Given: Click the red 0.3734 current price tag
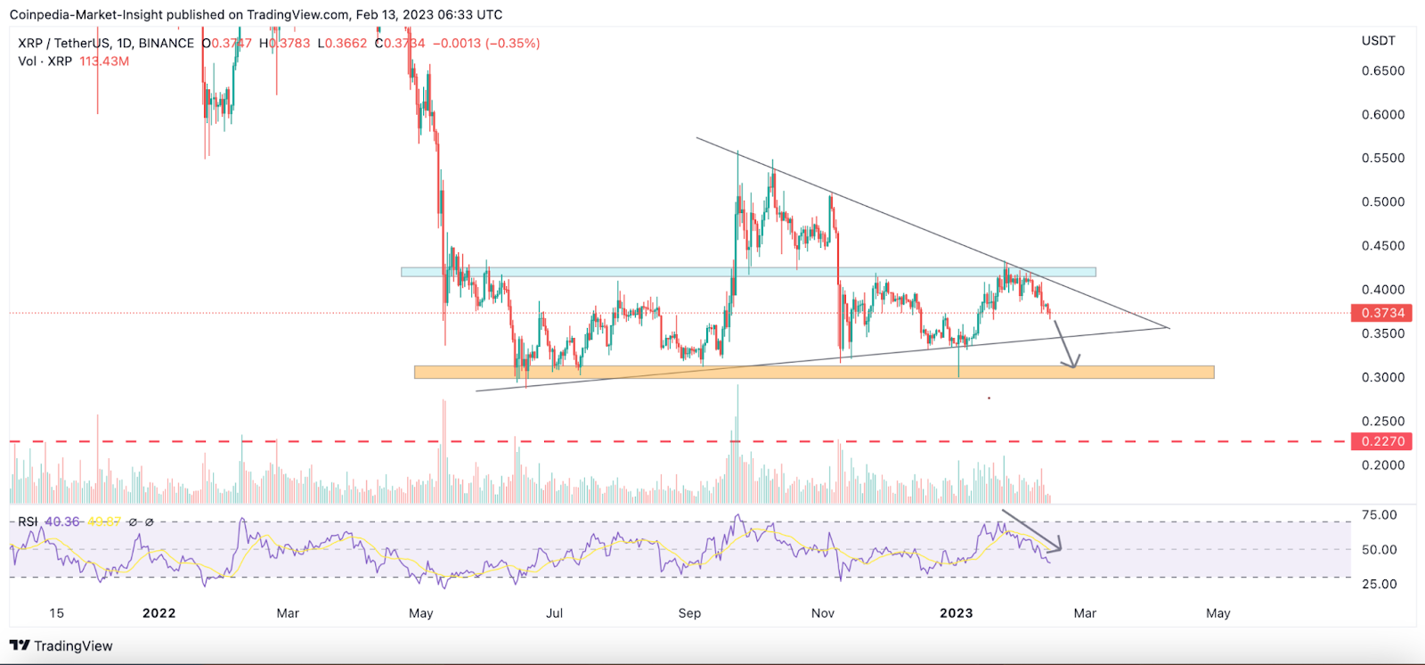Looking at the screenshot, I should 1382,313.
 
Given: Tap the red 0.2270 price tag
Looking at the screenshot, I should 1382,441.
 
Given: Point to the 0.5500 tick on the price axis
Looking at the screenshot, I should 1382,159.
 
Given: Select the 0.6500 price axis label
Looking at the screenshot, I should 1382,71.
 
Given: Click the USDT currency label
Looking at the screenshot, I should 1378,41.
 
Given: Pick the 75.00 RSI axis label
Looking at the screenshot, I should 1379,515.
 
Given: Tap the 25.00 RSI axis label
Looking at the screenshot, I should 1379,584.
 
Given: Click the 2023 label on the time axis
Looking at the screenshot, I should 956,613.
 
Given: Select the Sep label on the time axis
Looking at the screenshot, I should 689,613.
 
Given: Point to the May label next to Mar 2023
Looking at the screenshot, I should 1217,613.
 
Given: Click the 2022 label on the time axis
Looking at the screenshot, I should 159,613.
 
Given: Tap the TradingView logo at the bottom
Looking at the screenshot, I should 61,646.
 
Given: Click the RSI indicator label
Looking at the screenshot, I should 28,522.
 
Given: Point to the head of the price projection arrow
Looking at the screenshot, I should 1073,365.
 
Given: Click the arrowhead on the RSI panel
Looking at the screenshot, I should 1059,546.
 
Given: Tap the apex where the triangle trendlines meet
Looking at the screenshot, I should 1168,328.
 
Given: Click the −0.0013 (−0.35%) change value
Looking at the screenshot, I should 486,44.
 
